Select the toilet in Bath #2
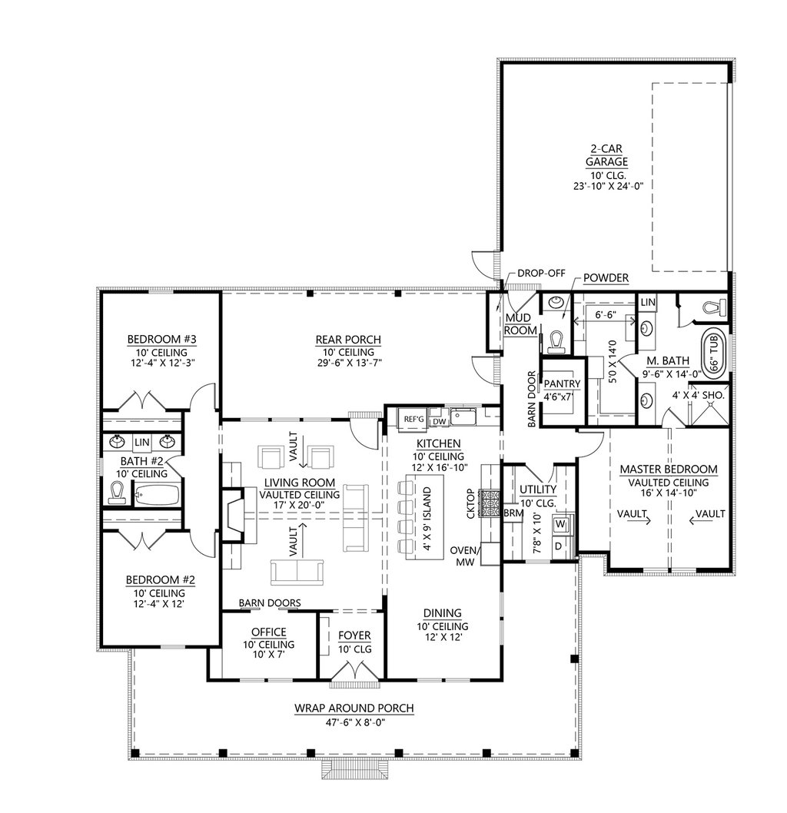pos(118,493)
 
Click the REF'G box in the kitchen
pos(413,419)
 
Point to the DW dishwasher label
pos(437,420)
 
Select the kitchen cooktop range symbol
pos(489,503)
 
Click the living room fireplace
pos(233,520)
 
